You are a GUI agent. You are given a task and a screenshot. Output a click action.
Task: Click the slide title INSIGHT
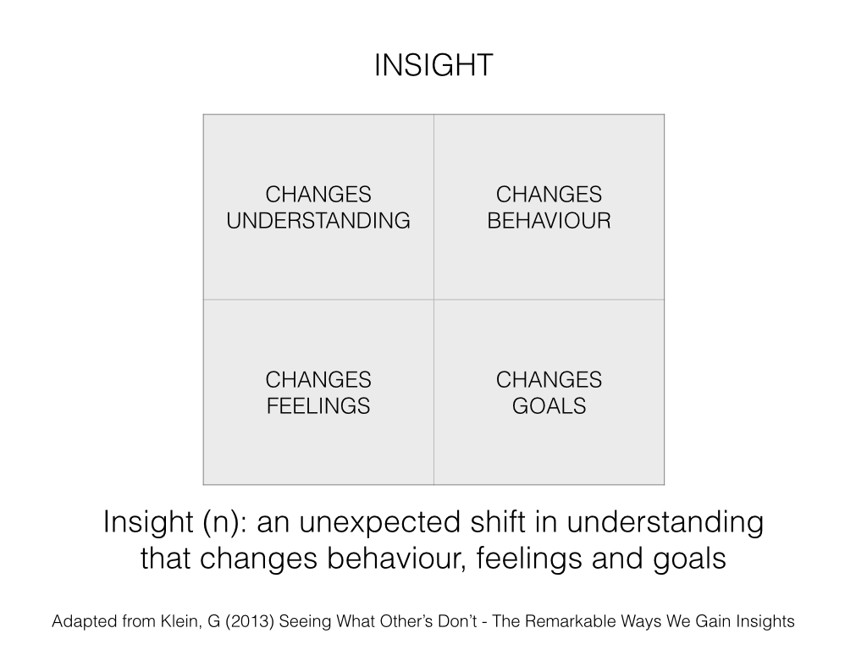point(433,65)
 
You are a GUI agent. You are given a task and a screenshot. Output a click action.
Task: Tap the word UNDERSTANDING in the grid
point(318,221)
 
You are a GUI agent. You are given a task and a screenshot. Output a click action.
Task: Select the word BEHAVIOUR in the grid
point(549,221)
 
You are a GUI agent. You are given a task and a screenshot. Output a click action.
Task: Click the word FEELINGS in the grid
point(318,405)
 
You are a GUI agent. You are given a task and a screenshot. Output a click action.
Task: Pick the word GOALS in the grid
point(549,405)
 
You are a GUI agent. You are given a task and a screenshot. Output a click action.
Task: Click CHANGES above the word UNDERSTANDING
point(318,195)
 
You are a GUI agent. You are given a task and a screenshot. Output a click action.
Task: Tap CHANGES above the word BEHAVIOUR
point(549,195)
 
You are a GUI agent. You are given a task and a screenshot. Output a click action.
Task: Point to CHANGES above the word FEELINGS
point(318,380)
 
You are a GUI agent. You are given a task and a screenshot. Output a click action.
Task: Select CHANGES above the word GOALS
point(549,380)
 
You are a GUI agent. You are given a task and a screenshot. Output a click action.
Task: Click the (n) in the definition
point(224,522)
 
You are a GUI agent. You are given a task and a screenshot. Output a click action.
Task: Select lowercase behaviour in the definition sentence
point(393,559)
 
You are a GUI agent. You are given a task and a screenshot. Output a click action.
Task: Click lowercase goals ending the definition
point(689,559)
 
